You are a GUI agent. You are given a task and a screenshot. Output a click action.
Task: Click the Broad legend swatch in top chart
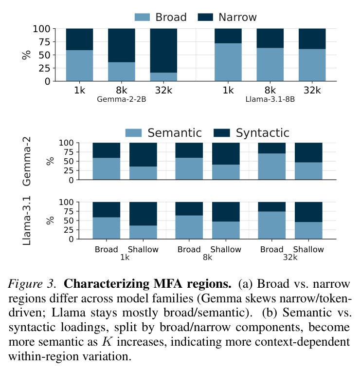pos(142,17)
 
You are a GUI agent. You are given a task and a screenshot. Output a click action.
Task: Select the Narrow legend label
pos(237,17)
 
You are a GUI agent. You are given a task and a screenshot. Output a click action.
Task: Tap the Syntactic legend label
pos(262,133)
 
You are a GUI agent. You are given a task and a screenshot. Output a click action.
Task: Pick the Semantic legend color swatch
pos(133,133)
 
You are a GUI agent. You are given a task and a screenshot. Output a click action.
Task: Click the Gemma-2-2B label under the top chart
pos(122,99)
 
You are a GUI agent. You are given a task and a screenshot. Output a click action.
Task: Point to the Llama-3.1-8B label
pos(270,99)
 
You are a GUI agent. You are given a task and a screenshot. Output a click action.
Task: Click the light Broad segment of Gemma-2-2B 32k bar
pos(163,76)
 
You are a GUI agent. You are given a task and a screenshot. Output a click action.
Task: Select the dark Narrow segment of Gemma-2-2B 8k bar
pos(122,45)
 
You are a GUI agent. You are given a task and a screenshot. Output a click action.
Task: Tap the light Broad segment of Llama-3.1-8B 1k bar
pos(228,62)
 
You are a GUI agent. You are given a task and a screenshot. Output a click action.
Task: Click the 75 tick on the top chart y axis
pos(44,42)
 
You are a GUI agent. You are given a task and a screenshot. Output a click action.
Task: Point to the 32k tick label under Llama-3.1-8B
pos(312,90)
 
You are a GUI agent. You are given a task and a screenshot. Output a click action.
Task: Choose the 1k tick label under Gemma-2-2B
pos(79,90)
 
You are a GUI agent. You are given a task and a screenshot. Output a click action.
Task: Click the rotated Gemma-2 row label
pos(26,161)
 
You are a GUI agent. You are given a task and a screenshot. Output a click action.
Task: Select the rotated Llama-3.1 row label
pos(26,221)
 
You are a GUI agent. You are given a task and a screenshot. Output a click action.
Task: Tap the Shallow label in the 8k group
pos(226,249)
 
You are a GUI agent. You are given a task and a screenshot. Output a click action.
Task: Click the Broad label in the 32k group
pos(271,249)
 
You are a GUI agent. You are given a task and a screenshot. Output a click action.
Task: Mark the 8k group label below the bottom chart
pos(207,257)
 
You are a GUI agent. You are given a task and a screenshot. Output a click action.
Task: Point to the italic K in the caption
pos(107,341)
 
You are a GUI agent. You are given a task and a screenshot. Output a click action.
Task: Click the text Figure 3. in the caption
pos(32,284)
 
